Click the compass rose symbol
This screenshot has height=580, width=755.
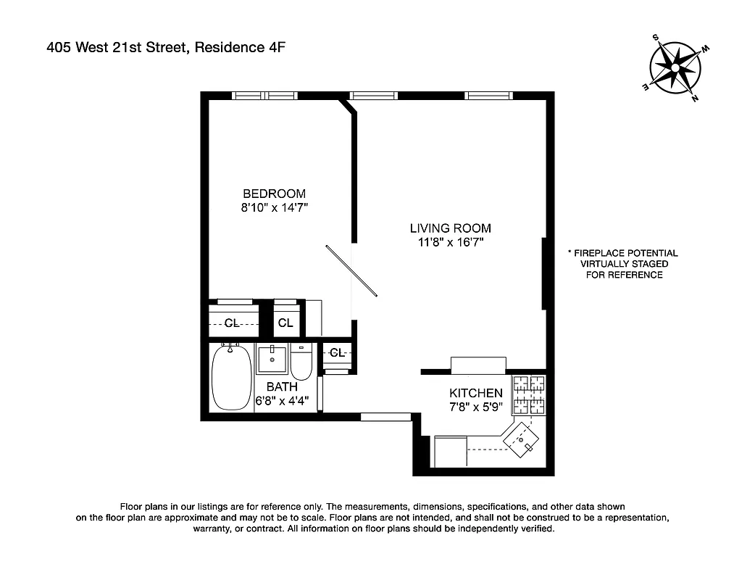(673, 68)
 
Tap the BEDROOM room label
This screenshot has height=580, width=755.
(274, 194)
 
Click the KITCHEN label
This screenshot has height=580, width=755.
(475, 393)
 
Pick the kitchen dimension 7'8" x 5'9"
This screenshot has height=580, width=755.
(475, 406)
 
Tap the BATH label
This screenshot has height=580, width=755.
(281, 387)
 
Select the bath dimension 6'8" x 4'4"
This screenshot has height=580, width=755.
(286, 399)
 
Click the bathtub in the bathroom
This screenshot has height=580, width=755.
(231, 378)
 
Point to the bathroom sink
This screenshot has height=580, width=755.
(272, 357)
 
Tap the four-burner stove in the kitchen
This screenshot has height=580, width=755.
(529, 394)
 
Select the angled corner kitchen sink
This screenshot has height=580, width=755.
(522, 439)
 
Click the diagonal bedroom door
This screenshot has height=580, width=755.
(351, 271)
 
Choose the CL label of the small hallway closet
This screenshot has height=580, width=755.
(337, 352)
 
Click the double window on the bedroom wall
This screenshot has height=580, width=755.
(264, 95)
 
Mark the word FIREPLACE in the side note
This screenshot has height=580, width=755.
(601, 253)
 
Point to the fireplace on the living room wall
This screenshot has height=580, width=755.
(543, 274)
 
